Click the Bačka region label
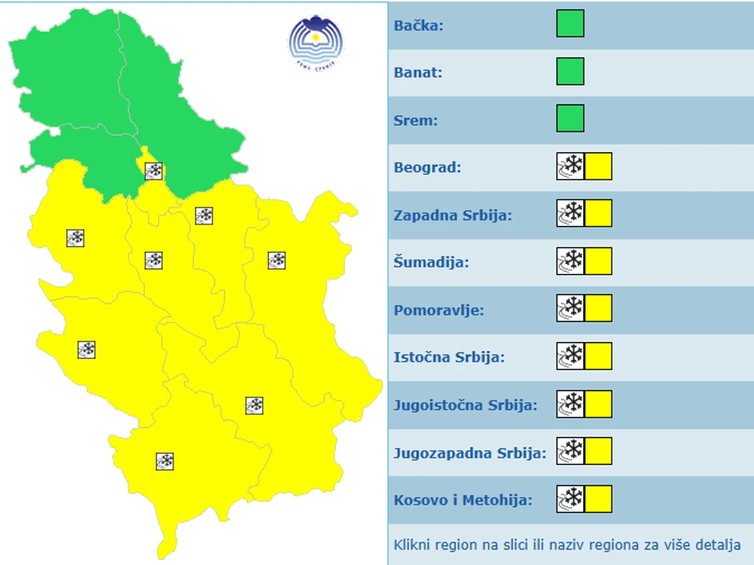[x=418, y=25]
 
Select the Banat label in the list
[x=418, y=72]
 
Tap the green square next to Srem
[x=570, y=119]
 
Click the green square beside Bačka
[x=570, y=23]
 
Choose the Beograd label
[x=428, y=167]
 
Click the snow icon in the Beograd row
[x=570, y=167]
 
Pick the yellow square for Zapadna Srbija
[x=598, y=214]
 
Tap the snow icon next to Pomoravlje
[x=570, y=309]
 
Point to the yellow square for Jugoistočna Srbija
[x=598, y=404]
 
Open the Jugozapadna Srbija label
[x=469, y=453]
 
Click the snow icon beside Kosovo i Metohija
[x=570, y=499]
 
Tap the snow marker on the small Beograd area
[x=154, y=171]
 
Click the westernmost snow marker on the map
[x=75, y=238]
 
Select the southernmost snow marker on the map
[x=165, y=461]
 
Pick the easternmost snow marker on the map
[x=277, y=260]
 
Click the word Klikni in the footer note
[x=411, y=545]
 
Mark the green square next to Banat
[x=570, y=71]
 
